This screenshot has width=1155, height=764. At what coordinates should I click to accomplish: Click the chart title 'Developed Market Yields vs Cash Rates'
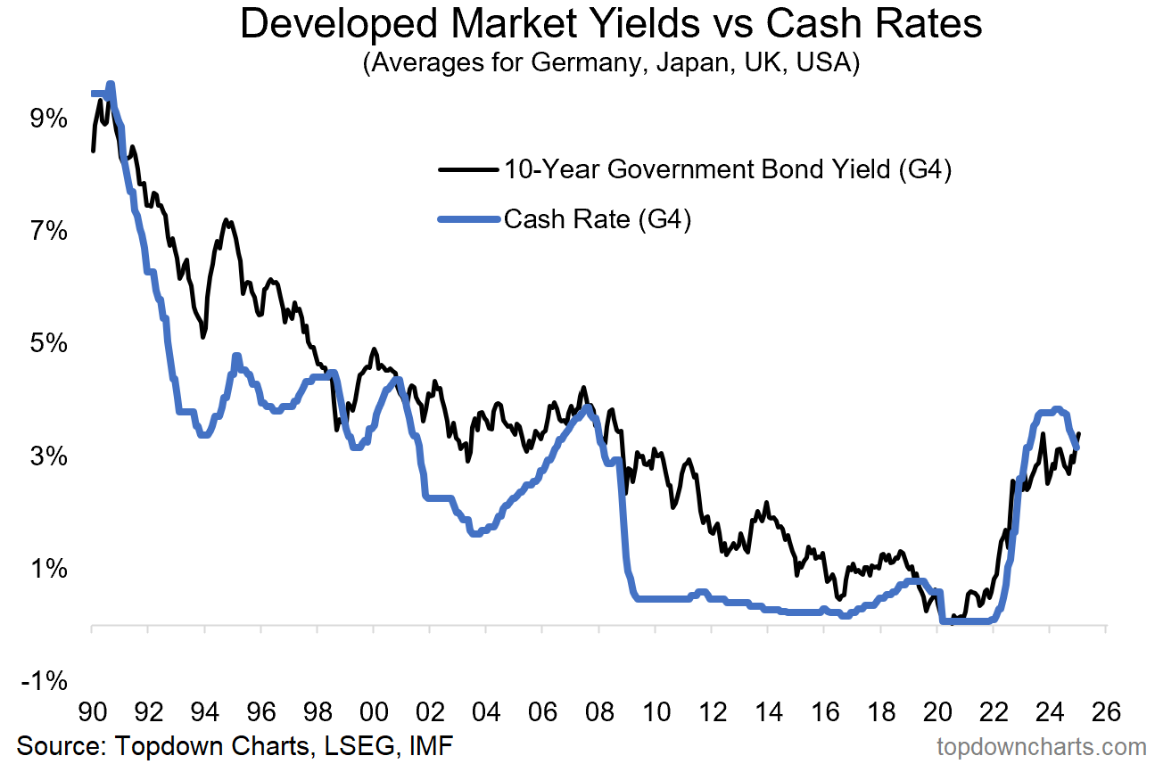click(611, 25)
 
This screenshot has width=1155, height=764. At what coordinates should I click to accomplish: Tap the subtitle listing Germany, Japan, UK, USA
click(611, 65)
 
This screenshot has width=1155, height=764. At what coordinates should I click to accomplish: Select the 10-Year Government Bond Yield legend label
click(728, 169)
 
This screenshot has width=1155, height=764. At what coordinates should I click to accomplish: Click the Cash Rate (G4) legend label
click(598, 218)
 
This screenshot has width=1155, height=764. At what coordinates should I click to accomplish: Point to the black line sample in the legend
click(467, 169)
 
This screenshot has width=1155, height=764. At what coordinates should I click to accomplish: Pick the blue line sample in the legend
click(467, 219)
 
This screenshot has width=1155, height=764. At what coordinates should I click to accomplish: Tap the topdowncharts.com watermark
click(1042, 746)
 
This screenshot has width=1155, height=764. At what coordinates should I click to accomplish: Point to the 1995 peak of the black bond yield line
click(227, 219)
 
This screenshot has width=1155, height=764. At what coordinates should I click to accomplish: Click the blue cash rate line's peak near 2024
click(1057, 409)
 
